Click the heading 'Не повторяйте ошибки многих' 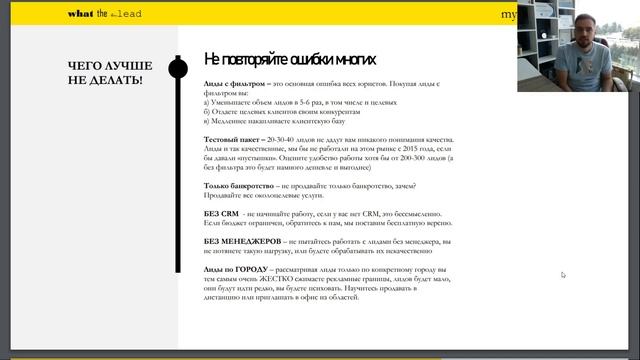coord(290,59)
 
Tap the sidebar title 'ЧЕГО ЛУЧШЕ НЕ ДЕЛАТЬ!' coord(105,72)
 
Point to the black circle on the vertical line coord(179,68)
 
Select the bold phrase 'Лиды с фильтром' coord(235,84)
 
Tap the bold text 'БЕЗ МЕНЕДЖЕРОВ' coord(241,241)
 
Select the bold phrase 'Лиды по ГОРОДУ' coord(235,270)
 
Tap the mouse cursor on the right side coord(563,274)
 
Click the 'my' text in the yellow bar coord(508,14)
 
